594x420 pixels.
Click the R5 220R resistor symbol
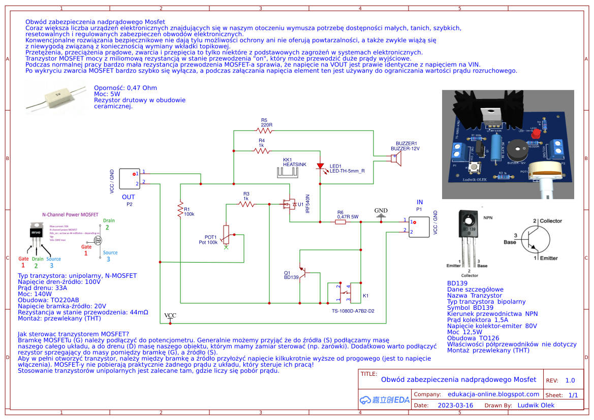264,131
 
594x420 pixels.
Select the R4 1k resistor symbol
262,150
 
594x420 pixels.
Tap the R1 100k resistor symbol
180,209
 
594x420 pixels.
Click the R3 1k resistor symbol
246,204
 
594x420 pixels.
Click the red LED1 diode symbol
320,166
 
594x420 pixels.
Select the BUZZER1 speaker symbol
396,159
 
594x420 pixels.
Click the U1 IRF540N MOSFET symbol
289,204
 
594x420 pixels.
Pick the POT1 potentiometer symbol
226,235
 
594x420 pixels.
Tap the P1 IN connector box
419,227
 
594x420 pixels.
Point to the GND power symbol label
381,210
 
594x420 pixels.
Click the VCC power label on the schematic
170,316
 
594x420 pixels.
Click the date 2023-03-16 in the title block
455,405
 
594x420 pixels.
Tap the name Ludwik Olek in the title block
536,405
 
